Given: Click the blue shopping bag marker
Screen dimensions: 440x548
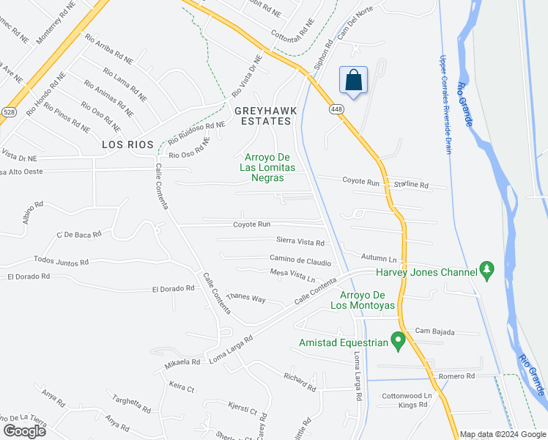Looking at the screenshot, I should pos(353,81).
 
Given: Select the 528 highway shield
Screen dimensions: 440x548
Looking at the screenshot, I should pos(9,111).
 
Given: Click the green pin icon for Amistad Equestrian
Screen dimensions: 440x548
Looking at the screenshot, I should pos(398,341).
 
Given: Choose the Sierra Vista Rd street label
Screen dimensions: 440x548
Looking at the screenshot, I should pos(300,241).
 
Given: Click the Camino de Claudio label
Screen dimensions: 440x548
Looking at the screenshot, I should pos(300,260).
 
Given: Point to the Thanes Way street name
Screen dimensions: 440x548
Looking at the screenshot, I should pos(246,298).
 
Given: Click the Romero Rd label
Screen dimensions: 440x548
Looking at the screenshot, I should pos(457,376).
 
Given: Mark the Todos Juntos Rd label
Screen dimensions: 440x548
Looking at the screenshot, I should pos(61,261).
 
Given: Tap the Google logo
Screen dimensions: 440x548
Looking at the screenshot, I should pos(24,431).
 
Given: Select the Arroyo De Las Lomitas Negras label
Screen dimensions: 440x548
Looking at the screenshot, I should pos(268,166).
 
